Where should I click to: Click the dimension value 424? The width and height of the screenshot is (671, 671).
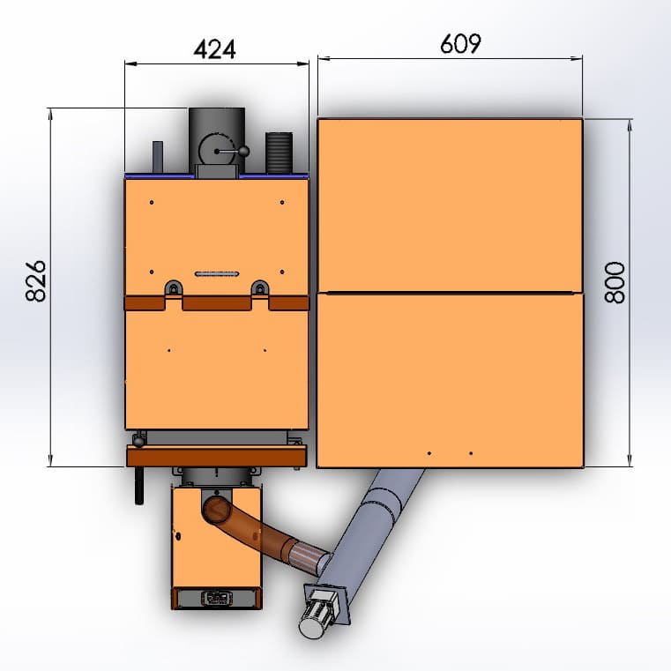tap(214, 49)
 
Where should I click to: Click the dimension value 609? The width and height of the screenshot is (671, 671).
tap(460, 44)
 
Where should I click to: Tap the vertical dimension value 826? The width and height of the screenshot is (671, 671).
tap(35, 280)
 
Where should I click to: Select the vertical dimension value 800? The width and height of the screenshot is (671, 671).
tap(615, 282)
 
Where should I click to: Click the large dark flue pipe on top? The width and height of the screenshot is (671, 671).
tap(217, 137)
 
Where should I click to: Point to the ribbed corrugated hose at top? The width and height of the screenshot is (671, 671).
tap(279, 153)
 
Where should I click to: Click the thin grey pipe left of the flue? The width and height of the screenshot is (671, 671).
tap(158, 157)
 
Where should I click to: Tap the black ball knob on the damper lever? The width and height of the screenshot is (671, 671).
tap(243, 151)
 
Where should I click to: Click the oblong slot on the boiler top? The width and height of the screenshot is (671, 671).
tap(217, 274)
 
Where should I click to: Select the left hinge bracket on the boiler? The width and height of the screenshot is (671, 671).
tap(174, 288)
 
